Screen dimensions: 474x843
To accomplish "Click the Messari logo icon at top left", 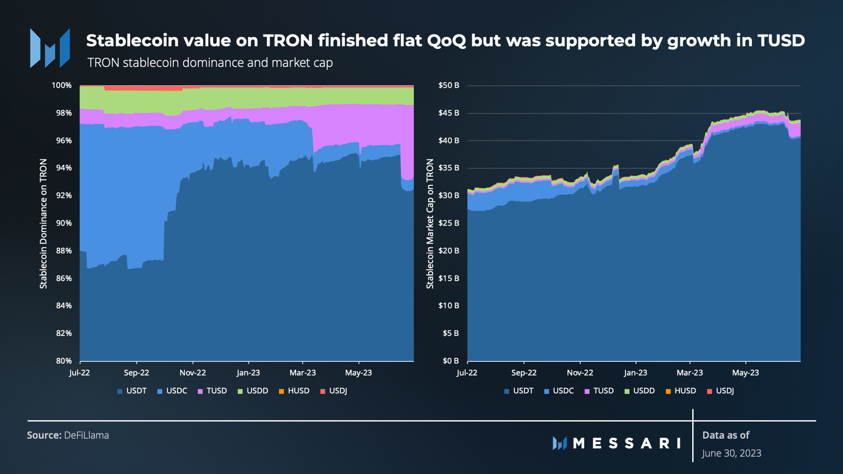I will click(50, 48).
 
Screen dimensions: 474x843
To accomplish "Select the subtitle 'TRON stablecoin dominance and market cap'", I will click(210, 63).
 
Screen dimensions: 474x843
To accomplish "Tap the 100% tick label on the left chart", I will click(62, 85).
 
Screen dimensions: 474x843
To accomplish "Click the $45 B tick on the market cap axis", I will click(449, 113).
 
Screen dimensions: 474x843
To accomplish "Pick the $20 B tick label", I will click(449, 251).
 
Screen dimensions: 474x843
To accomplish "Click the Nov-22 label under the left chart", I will click(192, 373).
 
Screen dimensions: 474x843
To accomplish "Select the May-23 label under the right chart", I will click(745, 373).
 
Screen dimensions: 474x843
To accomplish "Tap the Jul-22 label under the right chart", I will click(467, 373).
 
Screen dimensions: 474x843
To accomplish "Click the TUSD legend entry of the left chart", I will click(213, 391).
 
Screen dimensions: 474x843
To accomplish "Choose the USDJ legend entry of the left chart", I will click(334, 391).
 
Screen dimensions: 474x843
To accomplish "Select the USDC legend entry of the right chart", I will click(559, 391).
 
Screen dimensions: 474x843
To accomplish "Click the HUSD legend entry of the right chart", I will click(681, 391).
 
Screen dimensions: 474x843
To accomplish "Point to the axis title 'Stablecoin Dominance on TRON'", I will click(43, 223).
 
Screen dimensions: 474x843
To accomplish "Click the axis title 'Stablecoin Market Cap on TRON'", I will click(430, 223).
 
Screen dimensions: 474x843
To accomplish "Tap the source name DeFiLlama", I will click(86, 435).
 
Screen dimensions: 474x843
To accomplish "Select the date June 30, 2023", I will click(732, 453).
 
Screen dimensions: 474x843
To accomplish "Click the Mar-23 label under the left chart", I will click(302, 373).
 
